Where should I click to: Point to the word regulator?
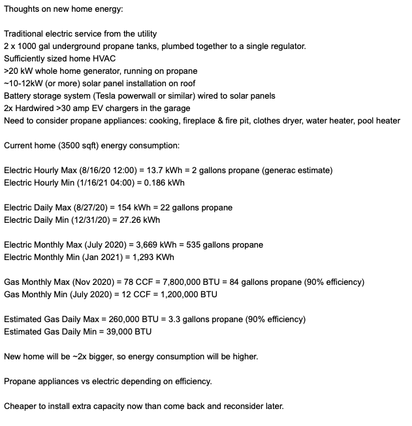[x=285, y=46]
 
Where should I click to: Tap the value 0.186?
[x=147, y=182]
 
